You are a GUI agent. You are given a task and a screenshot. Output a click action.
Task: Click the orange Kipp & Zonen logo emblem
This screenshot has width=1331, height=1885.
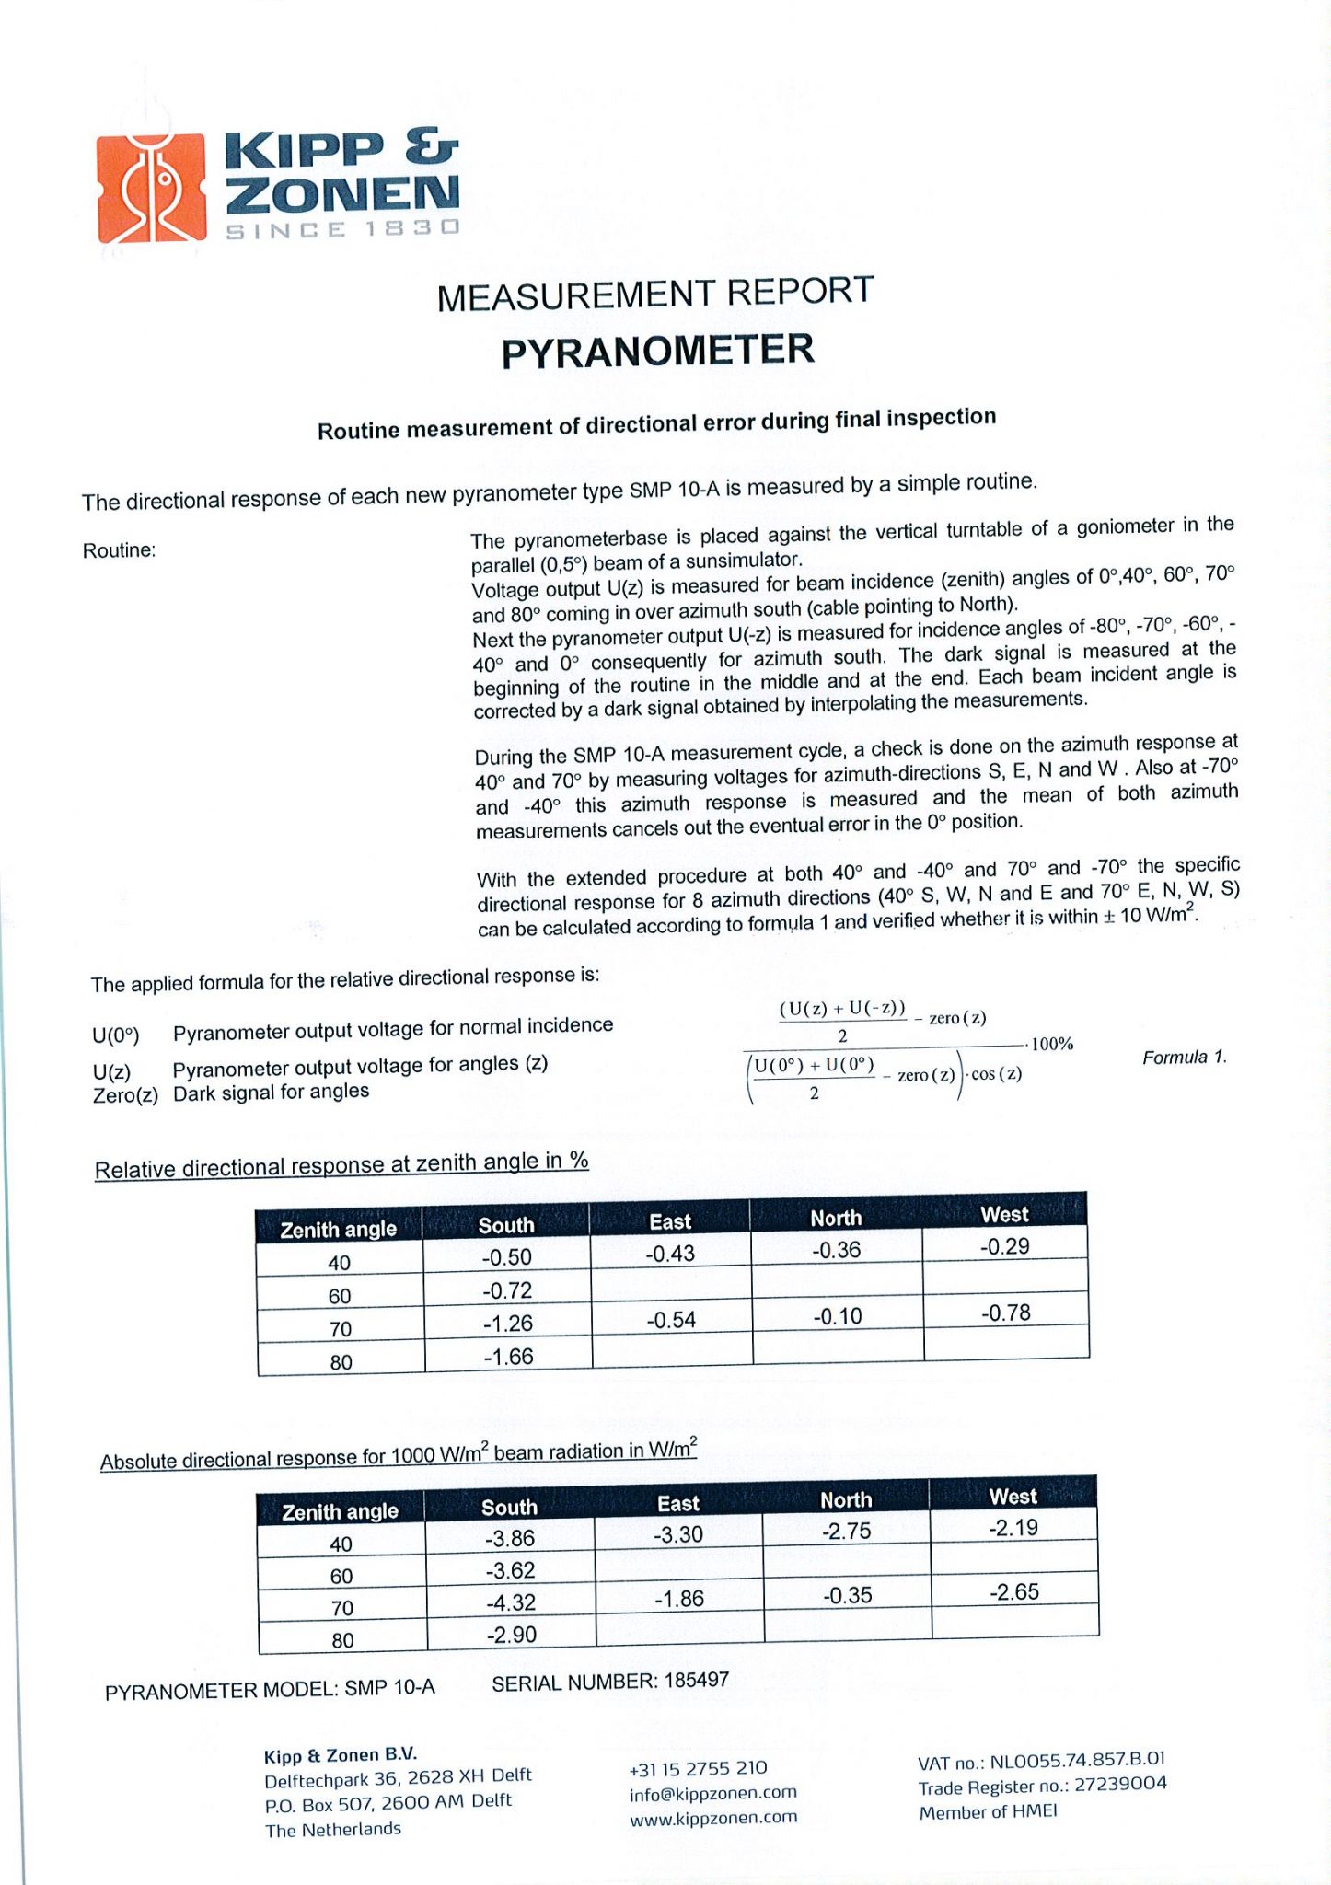pyautogui.click(x=152, y=189)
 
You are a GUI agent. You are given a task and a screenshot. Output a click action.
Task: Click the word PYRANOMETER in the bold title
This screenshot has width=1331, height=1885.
pyautogui.click(x=657, y=352)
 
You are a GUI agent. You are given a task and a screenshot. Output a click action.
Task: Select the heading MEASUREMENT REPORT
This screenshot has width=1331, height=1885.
pyautogui.click(x=654, y=294)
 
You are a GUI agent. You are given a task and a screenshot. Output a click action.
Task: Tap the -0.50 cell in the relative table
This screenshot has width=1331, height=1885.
pyautogui.click(x=507, y=1257)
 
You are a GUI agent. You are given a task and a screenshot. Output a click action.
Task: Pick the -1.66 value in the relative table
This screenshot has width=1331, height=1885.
pyautogui.click(x=508, y=1357)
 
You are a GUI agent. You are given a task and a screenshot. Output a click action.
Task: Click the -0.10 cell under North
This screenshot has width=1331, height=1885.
pyautogui.click(x=838, y=1316)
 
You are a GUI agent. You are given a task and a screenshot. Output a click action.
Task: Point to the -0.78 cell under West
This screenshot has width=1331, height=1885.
pyautogui.click(x=1005, y=1313)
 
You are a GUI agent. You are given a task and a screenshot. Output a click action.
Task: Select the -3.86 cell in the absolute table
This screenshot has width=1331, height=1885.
pyautogui.click(x=510, y=1538)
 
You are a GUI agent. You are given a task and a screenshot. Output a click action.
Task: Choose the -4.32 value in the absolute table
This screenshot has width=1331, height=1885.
pyautogui.click(x=511, y=1602)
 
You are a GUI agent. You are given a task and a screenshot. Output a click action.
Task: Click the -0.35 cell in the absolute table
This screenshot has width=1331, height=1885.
pyautogui.click(x=847, y=1595)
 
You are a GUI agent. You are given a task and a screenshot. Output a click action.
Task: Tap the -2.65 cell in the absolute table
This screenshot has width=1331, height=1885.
pyautogui.click(x=1014, y=1591)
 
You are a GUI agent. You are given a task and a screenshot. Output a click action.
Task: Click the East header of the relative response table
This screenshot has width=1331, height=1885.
pyautogui.click(x=670, y=1221)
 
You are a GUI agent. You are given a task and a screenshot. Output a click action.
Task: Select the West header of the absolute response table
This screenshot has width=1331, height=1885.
pyautogui.click(x=1013, y=1497)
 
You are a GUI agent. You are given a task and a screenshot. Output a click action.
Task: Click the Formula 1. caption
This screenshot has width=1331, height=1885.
pyautogui.click(x=1185, y=1058)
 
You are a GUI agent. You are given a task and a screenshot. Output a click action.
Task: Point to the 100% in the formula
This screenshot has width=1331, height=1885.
pyautogui.click(x=1052, y=1044)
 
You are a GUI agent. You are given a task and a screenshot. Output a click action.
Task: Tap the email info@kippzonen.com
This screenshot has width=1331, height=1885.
pyautogui.click(x=713, y=1793)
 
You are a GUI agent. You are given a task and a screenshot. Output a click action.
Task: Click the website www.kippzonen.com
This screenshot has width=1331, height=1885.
pyautogui.click(x=713, y=1818)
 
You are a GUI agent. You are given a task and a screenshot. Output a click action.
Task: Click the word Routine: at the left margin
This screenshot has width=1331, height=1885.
pyautogui.click(x=120, y=550)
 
